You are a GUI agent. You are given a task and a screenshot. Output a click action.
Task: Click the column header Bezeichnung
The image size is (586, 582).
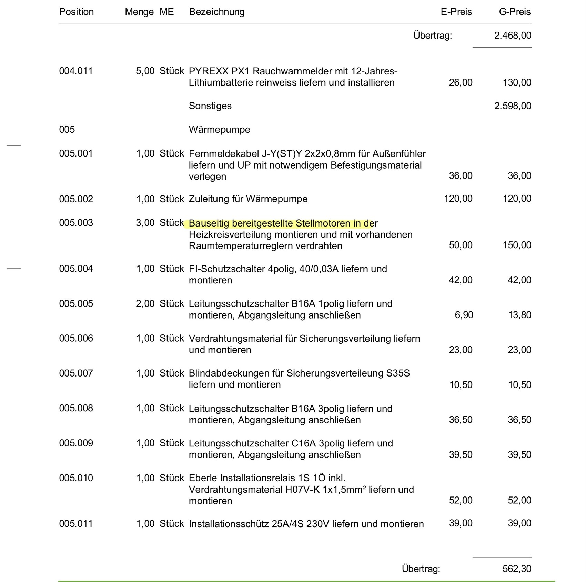(216, 12)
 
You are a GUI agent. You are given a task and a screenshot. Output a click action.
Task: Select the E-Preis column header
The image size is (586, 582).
(456, 12)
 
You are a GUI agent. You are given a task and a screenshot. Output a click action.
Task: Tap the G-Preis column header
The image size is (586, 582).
(515, 12)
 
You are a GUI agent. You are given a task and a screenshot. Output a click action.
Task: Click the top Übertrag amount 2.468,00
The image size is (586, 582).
(513, 36)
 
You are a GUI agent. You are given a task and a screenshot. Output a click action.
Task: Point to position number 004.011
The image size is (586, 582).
(76, 71)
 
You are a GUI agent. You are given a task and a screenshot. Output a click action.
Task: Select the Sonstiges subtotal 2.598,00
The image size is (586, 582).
(513, 106)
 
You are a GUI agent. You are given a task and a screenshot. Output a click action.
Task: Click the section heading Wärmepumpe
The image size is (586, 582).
(219, 130)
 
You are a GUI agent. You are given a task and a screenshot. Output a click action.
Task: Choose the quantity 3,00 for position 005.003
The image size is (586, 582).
(145, 223)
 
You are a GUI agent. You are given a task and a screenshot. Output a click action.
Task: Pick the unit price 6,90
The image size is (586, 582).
(464, 315)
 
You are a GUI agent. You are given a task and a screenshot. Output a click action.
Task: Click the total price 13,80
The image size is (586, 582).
(519, 315)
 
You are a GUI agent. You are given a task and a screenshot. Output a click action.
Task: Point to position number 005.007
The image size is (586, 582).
(76, 373)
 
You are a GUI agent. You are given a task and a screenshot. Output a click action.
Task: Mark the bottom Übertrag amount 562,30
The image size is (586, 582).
(517, 569)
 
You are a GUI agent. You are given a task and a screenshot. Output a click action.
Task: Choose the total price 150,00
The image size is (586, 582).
(517, 245)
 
